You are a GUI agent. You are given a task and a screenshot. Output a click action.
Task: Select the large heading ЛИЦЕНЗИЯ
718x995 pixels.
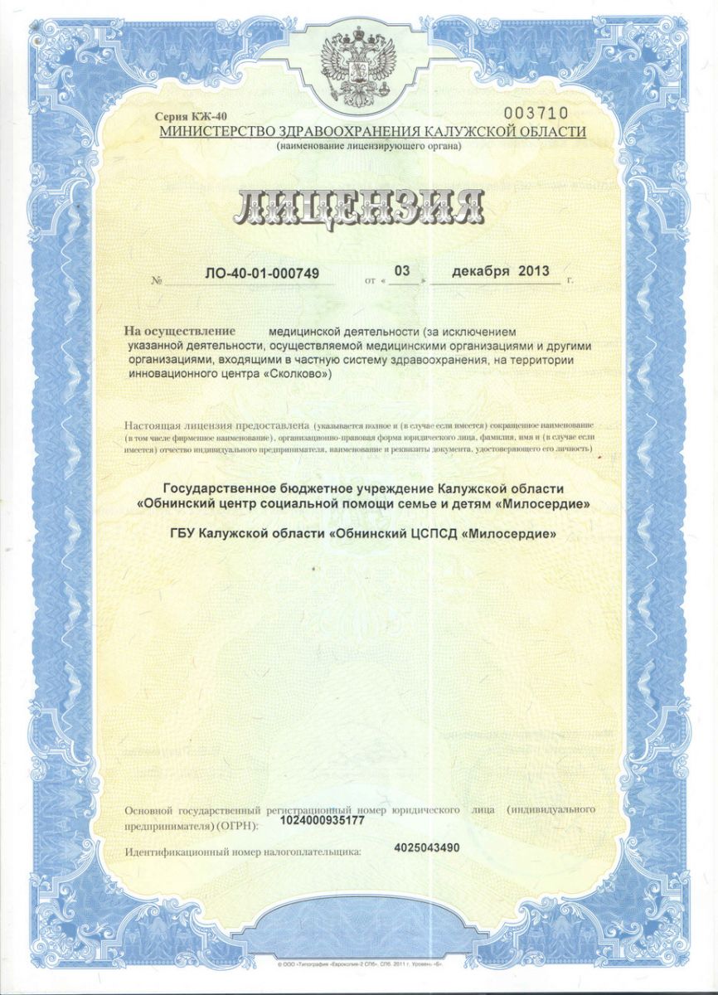[x=360, y=208]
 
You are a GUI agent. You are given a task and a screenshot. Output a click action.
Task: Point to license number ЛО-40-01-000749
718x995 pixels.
[x=262, y=272]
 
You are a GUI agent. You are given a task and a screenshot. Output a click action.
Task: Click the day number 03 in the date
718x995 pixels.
[x=402, y=270]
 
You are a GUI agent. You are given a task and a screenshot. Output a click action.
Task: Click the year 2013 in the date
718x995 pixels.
[x=533, y=271]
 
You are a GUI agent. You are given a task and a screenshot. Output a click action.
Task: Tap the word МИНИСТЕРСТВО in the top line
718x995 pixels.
[x=218, y=132]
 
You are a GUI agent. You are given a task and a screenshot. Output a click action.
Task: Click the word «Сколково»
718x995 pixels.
[x=298, y=374]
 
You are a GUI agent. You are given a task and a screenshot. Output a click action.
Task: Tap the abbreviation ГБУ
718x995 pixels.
[x=181, y=535]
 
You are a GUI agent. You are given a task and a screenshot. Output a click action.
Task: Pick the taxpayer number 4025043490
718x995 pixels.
[x=428, y=847]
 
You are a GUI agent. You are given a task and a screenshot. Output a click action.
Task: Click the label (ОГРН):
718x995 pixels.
[x=240, y=826]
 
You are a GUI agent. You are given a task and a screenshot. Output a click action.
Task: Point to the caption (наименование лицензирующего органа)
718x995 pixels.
[x=369, y=147]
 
